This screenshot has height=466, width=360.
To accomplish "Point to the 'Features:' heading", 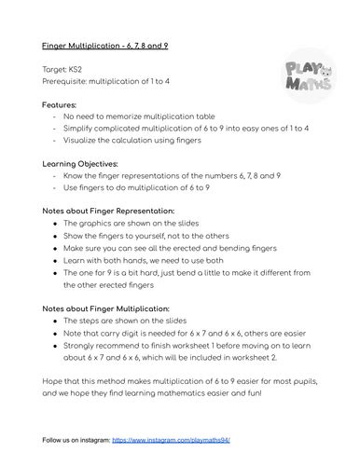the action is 59,105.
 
